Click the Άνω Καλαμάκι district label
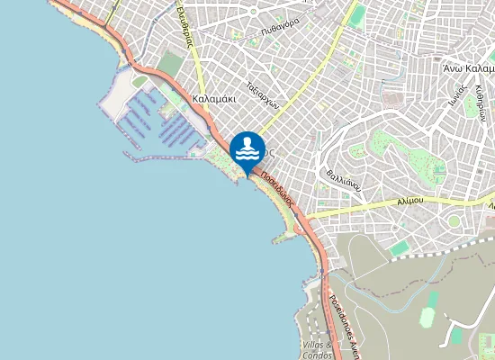[468, 68]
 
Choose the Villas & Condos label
[316, 350]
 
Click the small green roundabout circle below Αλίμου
[454, 220]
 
